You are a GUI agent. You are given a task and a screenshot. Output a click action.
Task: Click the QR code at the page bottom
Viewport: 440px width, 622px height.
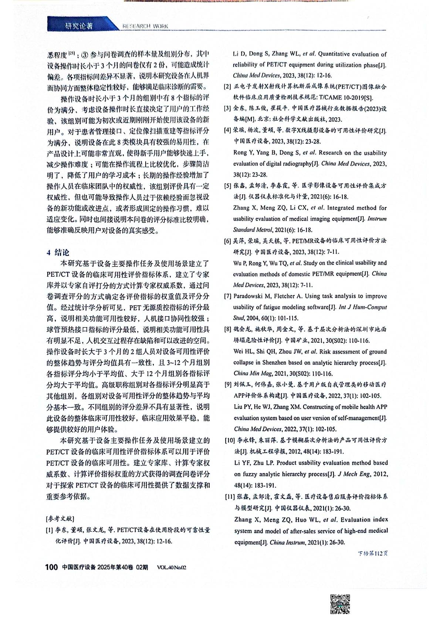pyautogui.click(x=340, y=604)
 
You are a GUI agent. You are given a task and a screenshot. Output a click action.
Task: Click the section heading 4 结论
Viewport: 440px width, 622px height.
pyautogui.click(x=58, y=252)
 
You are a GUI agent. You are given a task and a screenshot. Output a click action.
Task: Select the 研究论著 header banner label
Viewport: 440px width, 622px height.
pyautogui.click(x=79, y=26)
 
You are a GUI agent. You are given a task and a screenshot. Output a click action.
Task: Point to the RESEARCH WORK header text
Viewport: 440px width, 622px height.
pyautogui.click(x=145, y=26)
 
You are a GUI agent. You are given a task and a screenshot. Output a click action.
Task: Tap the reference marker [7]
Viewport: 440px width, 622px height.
pyautogui.click(x=228, y=296)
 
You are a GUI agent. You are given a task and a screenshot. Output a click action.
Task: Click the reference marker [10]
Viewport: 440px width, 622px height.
pyautogui.click(x=230, y=440)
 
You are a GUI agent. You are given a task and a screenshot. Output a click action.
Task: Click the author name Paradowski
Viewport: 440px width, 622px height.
pyautogui.click(x=250, y=296)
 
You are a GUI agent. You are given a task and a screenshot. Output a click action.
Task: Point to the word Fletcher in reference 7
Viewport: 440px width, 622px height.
pyautogui.click(x=291, y=296)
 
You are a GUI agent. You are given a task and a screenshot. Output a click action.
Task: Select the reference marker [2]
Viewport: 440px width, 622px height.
pyautogui.click(x=228, y=87)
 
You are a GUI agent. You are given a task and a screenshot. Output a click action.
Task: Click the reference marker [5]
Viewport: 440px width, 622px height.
pyautogui.click(x=228, y=186)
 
